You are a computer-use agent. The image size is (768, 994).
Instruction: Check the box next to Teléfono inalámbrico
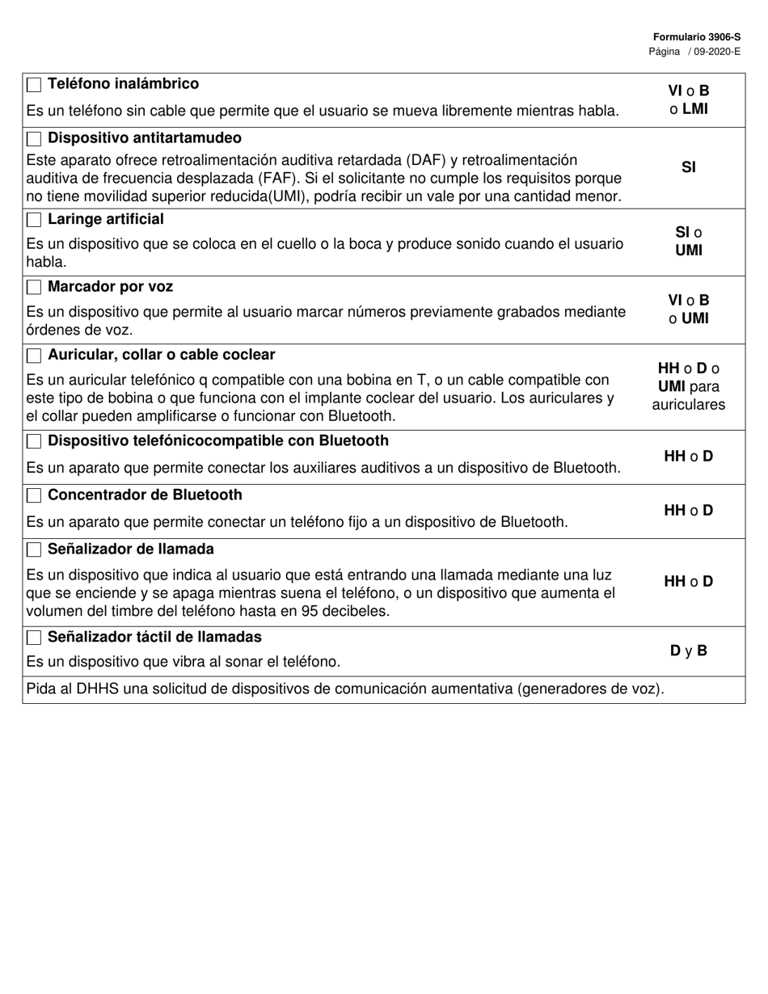click(x=34, y=85)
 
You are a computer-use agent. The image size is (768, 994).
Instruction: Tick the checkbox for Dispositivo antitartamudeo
click(x=34, y=139)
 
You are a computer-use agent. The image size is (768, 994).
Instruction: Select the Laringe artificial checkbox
click(x=34, y=221)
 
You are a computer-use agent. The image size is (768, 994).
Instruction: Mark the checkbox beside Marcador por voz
click(x=34, y=288)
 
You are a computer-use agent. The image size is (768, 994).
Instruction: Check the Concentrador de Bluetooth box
click(x=34, y=495)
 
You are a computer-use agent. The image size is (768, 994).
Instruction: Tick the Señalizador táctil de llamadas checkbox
click(x=34, y=638)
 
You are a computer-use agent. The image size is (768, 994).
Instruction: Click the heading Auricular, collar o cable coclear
click(x=161, y=355)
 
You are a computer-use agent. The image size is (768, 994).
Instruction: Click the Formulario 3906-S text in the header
click(x=697, y=37)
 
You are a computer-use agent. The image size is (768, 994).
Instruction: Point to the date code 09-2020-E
click(x=717, y=51)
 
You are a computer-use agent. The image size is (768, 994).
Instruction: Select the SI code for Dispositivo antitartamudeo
click(x=689, y=167)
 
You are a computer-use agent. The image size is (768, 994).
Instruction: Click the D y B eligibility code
click(x=689, y=650)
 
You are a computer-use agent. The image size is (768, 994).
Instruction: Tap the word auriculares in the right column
click(x=689, y=405)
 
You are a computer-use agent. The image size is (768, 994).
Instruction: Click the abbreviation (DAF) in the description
click(x=433, y=160)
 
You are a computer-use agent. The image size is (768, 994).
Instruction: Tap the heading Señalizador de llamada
click(x=130, y=549)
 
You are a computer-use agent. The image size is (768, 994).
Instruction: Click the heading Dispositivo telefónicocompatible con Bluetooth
click(x=218, y=440)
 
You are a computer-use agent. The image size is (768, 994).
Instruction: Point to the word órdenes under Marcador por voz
click(x=53, y=330)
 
